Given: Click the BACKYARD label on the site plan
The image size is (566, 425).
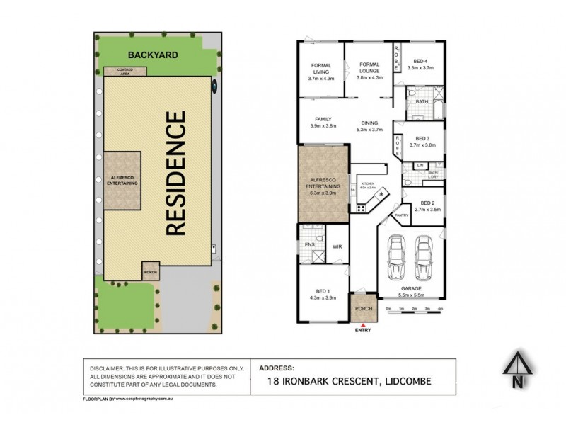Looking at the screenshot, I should [153, 55].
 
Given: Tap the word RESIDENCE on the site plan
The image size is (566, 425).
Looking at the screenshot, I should [175, 173].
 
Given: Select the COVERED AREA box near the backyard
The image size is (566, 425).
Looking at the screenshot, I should [125, 71].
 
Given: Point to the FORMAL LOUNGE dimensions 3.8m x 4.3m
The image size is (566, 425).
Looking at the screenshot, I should [369, 78].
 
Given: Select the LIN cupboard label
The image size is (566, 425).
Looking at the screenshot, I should [420, 166].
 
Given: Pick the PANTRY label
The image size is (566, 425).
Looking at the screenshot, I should [402, 215].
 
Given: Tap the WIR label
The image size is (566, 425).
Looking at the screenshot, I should [338, 246].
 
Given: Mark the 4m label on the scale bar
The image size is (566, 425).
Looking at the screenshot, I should [440, 310].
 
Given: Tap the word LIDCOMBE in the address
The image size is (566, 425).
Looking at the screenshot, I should [408, 381].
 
